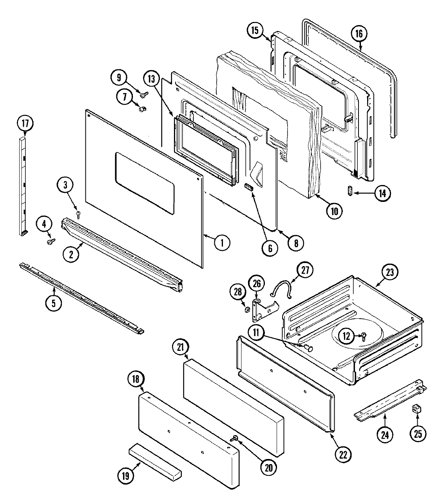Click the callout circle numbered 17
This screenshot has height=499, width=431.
(x=25, y=123)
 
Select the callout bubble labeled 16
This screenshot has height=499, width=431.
(x=359, y=34)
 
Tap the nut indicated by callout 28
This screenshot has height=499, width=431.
(x=247, y=310)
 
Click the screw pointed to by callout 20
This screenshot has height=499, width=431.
(x=235, y=438)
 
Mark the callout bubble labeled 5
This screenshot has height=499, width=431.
(x=53, y=302)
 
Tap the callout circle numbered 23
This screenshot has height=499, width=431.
(x=391, y=272)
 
